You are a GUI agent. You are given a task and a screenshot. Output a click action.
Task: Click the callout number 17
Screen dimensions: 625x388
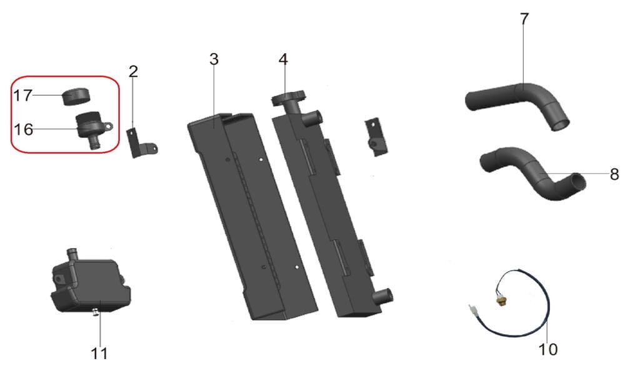[x=22, y=96]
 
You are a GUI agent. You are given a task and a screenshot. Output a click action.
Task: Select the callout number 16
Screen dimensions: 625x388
[x=23, y=129]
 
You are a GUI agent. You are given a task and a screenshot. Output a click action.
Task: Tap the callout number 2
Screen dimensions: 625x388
[x=134, y=71]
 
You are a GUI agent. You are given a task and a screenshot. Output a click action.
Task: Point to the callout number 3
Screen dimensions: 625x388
[x=214, y=59]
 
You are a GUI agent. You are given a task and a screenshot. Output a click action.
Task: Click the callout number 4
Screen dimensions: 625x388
[x=283, y=59]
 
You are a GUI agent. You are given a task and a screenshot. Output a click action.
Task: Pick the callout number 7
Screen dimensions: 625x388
[x=524, y=19]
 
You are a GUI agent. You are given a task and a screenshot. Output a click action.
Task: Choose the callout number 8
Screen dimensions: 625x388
[x=614, y=174]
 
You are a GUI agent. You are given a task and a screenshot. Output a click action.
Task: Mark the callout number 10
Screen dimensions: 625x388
[x=547, y=349]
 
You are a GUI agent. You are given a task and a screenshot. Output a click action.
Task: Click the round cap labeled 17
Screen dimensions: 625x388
[x=76, y=96]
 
